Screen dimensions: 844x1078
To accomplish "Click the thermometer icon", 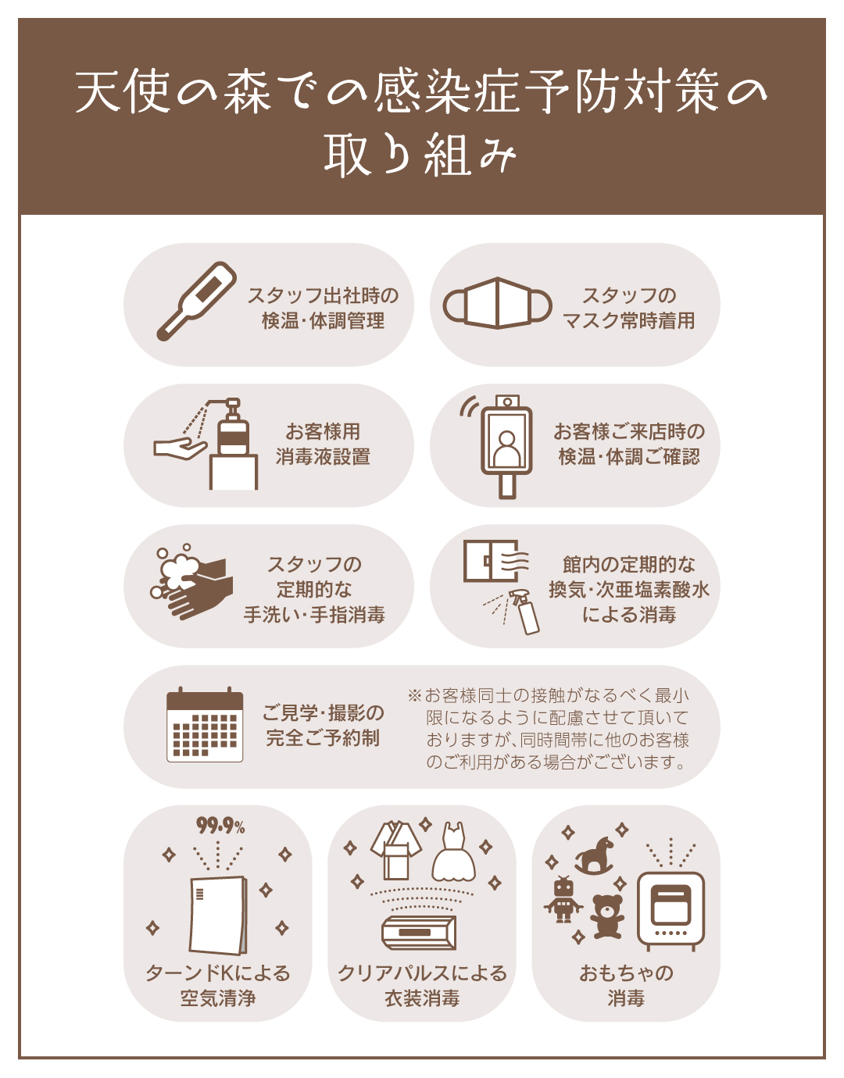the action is (196, 301).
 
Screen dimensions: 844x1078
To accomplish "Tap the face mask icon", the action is (497, 303).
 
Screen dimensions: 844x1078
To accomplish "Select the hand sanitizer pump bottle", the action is (233, 427).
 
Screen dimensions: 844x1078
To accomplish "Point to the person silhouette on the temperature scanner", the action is (506, 448).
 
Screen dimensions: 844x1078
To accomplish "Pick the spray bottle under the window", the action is (525, 611).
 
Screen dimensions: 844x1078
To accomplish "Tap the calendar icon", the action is (205, 724).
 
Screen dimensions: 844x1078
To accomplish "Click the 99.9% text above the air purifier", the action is (220, 826).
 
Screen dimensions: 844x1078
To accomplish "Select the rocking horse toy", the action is (595, 855).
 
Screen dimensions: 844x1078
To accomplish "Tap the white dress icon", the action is (454, 851).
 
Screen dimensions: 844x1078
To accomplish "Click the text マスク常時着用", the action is (628, 321).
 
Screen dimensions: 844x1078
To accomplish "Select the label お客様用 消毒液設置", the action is (323, 444).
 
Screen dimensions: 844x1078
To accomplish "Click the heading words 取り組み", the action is (420, 155).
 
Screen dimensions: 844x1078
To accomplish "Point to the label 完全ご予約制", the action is (323, 737).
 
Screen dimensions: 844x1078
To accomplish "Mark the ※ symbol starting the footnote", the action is (414, 695).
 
